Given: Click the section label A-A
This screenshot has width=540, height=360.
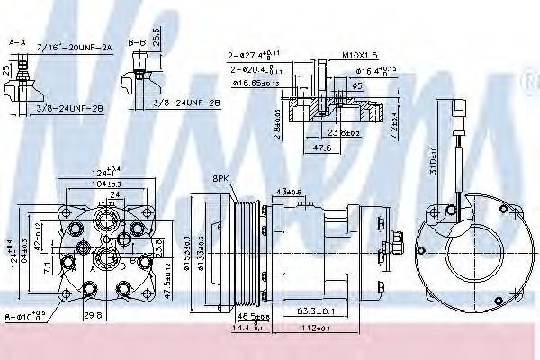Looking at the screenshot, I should (x=16, y=41).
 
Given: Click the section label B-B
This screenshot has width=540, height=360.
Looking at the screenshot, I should (x=138, y=41).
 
